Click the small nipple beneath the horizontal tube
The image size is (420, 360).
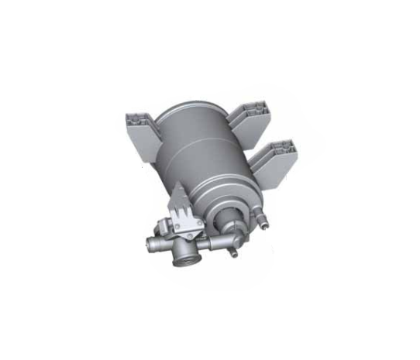tap(233, 252)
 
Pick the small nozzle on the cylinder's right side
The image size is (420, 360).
tap(263, 225)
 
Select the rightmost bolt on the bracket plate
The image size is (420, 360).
tap(201, 222)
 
